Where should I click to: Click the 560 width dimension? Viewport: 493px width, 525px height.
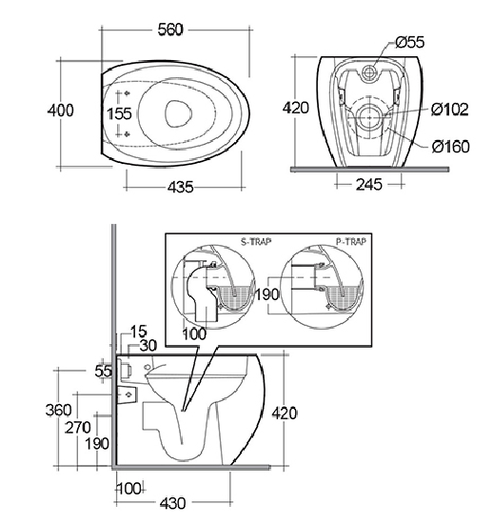coord(170,30)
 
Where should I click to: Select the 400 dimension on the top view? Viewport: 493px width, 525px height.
coord(61,111)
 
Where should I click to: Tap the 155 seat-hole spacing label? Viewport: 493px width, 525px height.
coord(119,113)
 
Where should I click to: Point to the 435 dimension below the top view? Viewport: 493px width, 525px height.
coord(181,187)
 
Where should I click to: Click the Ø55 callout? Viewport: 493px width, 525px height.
coord(410,42)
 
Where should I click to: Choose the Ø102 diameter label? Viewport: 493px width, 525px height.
coord(450,110)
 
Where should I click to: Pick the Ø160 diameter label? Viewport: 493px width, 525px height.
coord(450,147)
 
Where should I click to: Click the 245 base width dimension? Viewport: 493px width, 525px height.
coord(369,184)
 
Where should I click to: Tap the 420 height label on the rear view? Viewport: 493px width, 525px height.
coord(296,108)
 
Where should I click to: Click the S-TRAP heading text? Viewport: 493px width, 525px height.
coord(256,241)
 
